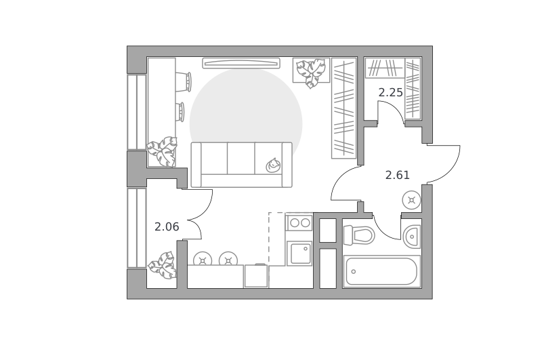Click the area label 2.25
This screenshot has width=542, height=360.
tap(391, 92)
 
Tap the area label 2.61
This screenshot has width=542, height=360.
tap(398, 175)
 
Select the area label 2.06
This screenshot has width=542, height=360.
tap(167, 227)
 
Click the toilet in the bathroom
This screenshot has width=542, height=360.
tap(359, 235)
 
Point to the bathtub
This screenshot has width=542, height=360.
tap(381, 271)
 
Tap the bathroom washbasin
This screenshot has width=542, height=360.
tap(412, 237)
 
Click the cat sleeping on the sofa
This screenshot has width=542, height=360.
tap(273, 165)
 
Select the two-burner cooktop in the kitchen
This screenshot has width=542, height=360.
tap(299, 222)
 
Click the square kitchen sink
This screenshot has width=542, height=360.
tap(299, 254)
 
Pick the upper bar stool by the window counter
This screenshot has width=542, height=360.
tap(184, 82)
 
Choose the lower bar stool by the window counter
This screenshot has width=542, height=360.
tap(180, 112)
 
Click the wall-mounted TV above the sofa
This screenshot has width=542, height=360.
tap(241, 63)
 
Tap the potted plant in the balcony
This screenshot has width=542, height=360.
tap(163, 265)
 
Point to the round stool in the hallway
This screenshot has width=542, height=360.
tap(411, 200)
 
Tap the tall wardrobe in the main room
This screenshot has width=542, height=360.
tap(343, 108)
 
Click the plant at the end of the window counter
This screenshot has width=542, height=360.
tap(163, 151)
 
